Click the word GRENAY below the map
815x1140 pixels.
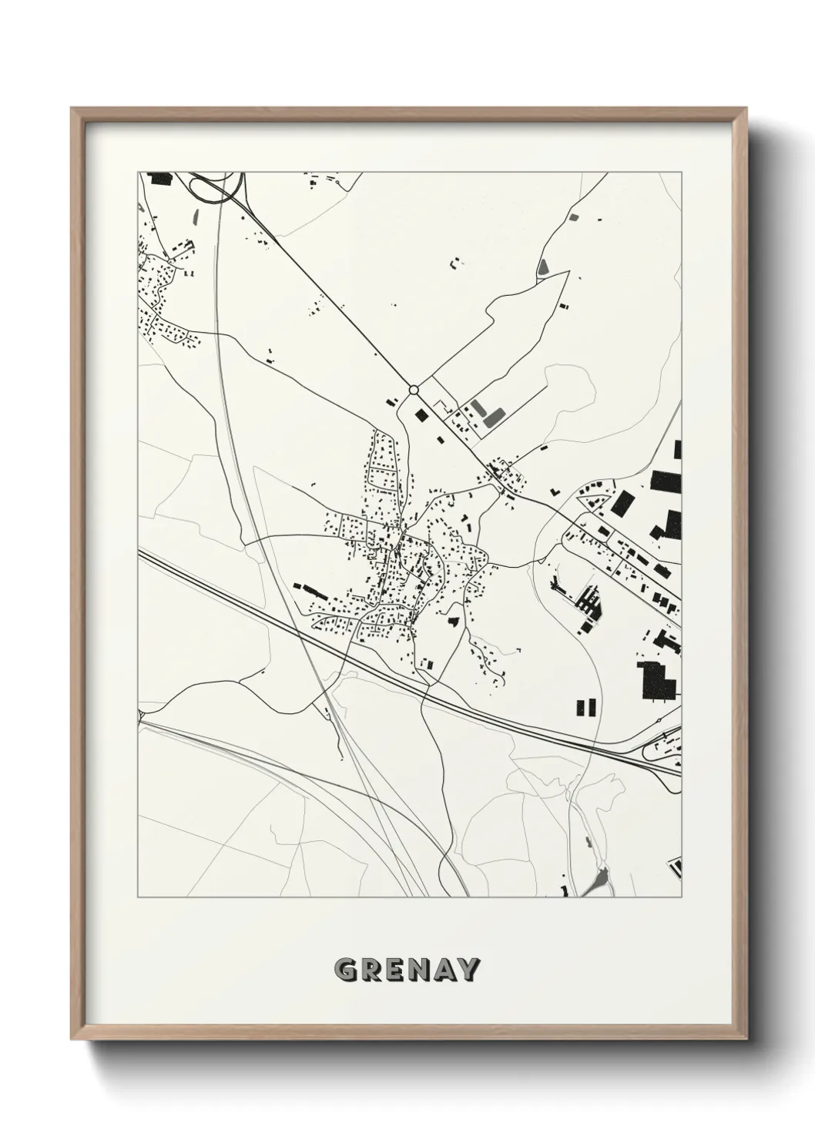407,969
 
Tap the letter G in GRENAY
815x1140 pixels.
344,969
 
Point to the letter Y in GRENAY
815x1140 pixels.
470,969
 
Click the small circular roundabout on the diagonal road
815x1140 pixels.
414,390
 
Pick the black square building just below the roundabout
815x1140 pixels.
421,414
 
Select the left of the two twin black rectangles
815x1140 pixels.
579,706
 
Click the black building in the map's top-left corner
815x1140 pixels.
160,179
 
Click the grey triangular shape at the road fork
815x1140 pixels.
542,269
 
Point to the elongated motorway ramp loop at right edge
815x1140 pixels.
661,743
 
